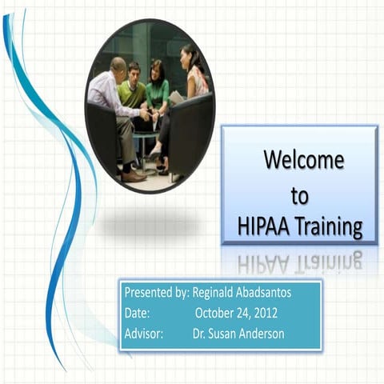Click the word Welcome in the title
coord(304,160)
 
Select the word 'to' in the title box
coord(299,195)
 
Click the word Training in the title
coord(329,228)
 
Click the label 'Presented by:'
coord(157,293)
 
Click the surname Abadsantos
coord(267,293)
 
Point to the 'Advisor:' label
coord(144,334)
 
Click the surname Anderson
coord(264,334)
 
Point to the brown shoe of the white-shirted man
coord(133,176)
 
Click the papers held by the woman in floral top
coord(176,98)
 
